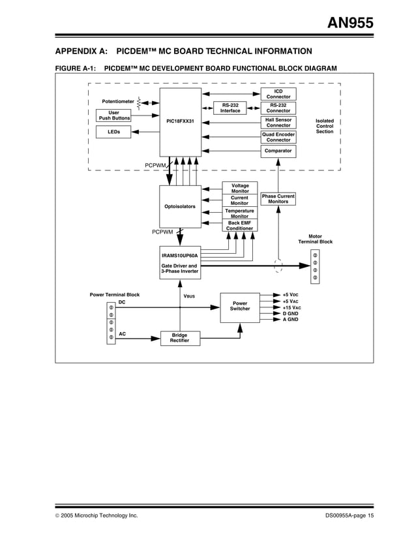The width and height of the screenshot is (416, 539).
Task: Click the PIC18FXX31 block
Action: [x=181, y=121]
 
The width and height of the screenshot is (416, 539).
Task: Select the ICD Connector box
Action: [x=278, y=94]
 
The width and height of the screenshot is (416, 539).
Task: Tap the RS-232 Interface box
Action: [x=230, y=108]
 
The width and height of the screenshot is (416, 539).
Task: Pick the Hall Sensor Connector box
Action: [x=278, y=123]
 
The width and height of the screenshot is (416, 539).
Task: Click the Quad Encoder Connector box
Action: [x=278, y=137]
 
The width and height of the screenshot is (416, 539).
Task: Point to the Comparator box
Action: [x=278, y=151]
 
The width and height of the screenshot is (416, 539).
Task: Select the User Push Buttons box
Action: [x=114, y=115]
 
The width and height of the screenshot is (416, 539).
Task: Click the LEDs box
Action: [x=114, y=132]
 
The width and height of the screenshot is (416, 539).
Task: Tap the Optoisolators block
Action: [x=180, y=207]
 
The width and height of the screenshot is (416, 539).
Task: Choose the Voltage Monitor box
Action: [x=240, y=189]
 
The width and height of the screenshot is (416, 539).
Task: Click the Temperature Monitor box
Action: [x=240, y=213]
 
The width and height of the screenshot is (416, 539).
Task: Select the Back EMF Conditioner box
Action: [x=240, y=226]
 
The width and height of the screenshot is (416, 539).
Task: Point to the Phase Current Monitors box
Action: [x=278, y=199]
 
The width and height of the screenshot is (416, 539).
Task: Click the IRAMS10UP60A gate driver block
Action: [x=181, y=263]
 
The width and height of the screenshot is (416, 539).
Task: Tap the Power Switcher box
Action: [x=240, y=306]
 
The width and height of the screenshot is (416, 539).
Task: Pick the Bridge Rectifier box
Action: [x=180, y=338]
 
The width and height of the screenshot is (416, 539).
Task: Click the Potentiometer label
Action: [x=118, y=102]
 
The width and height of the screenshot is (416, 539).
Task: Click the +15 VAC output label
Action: [x=291, y=307]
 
